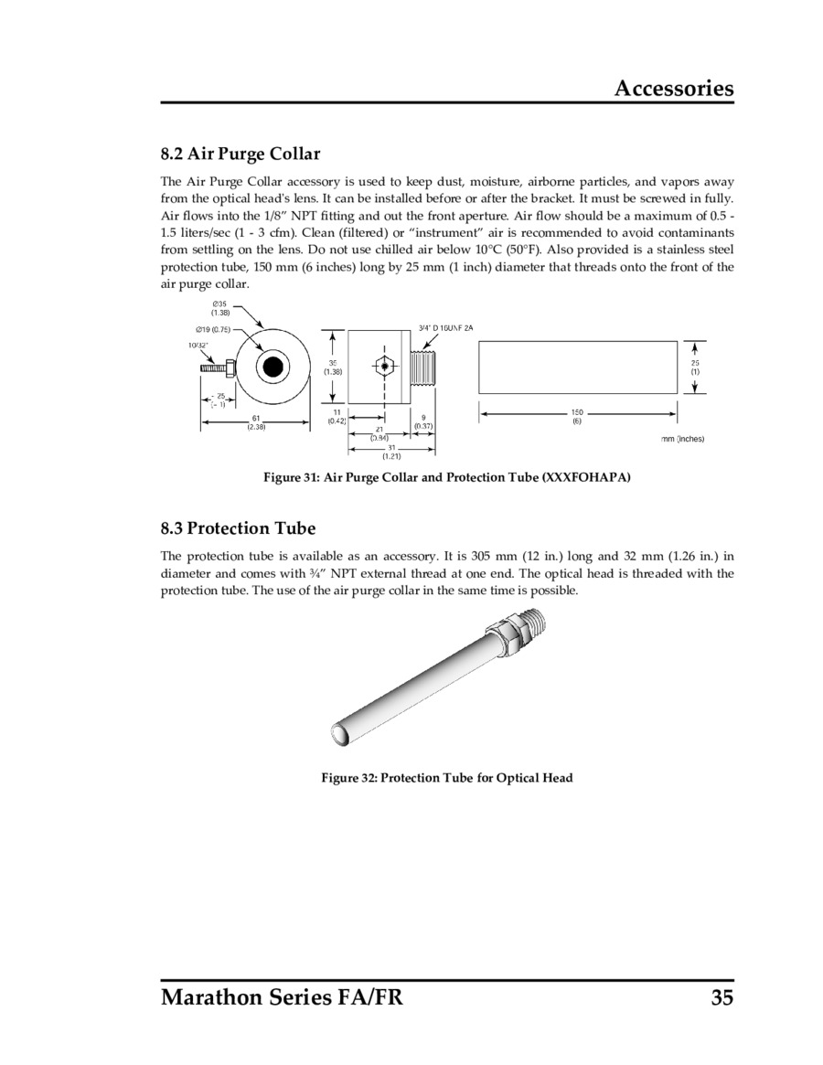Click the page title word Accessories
click(673, 88)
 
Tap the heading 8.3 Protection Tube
click(238, 527)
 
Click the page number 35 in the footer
click(721, 997)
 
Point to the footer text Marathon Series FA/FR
click(282, 997)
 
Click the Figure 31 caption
click(447, 478)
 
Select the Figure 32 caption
click(447, 778)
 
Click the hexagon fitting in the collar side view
click(385, 367)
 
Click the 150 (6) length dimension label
click(577, 416)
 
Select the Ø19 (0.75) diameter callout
click(213, 329)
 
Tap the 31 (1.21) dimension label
click(390, 451)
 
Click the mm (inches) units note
click(682, 439)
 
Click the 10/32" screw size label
click(196, 345)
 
